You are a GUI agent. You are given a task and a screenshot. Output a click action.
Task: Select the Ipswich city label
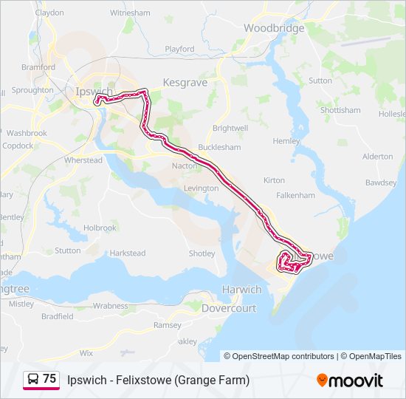coord(94,92)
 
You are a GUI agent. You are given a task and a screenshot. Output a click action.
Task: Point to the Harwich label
coord(241,290)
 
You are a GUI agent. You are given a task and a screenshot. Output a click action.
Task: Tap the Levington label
coord(201,188)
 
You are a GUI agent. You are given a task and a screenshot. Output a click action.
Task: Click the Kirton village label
coord(274,180)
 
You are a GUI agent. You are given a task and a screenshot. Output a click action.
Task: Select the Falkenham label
coord(295,195)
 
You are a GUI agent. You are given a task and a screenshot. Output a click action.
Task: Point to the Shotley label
coord(202,253)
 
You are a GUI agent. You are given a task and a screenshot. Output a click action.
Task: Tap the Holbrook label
coord(100,228)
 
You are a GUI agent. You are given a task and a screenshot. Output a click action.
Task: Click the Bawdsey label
coord(380,182)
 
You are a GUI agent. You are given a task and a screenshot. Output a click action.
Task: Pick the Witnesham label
coord(129,13)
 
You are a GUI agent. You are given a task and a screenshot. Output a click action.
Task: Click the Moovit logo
coord(350,381)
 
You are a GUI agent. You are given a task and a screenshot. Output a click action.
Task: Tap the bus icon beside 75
coord(32,380)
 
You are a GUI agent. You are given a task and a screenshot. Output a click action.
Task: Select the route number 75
coord(49,378)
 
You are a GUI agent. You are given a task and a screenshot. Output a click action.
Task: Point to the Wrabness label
coord(110,305)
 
